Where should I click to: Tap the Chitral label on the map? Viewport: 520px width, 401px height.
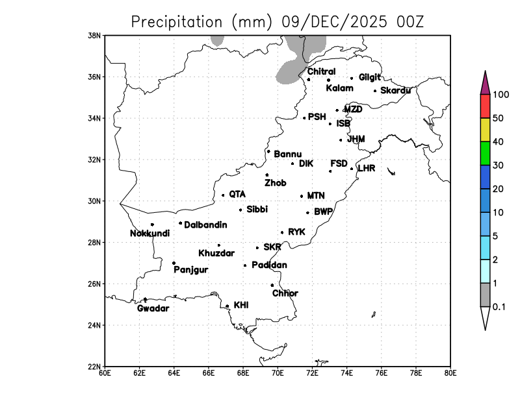coord(321,71)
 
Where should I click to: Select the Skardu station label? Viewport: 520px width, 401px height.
coord(395,91)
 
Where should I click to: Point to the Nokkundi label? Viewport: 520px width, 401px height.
coord(149,234)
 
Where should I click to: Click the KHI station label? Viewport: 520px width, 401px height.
coord(241,305)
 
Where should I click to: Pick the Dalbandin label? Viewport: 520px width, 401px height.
coord(205,225)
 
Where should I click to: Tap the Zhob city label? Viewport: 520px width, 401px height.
coord(275,184)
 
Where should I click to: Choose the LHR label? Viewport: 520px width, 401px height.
coord(367,168)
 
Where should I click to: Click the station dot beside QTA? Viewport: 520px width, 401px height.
coord(223,195)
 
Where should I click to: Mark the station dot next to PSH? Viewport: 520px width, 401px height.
coord(304,118)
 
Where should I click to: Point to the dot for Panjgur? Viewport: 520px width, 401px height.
coord(174,263)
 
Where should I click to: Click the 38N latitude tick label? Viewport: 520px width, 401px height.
coord(95,35)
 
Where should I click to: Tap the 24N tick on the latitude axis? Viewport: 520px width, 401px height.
coord(95,325)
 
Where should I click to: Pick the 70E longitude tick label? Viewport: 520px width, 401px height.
coord(278,373)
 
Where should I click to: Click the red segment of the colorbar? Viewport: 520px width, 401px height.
coord(485,106)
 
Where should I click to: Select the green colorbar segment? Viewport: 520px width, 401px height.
coord(485,154)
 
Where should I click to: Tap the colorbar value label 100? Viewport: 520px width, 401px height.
coord(500,95)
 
